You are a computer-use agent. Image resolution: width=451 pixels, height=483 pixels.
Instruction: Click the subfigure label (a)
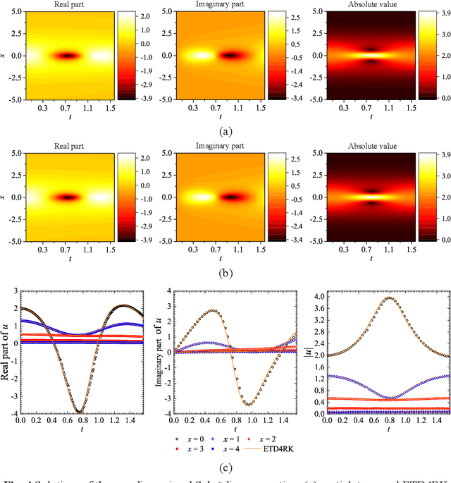[x=225, y=131]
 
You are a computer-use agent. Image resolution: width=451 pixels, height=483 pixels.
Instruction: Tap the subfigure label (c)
[x=225, y=466]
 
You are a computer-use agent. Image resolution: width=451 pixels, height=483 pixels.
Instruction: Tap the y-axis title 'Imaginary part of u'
[x=160, y=346]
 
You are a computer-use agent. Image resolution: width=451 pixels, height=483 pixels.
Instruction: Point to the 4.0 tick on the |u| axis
[x=319, y=296]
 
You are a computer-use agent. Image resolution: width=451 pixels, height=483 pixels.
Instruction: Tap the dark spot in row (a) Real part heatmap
[x=68, y=55]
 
